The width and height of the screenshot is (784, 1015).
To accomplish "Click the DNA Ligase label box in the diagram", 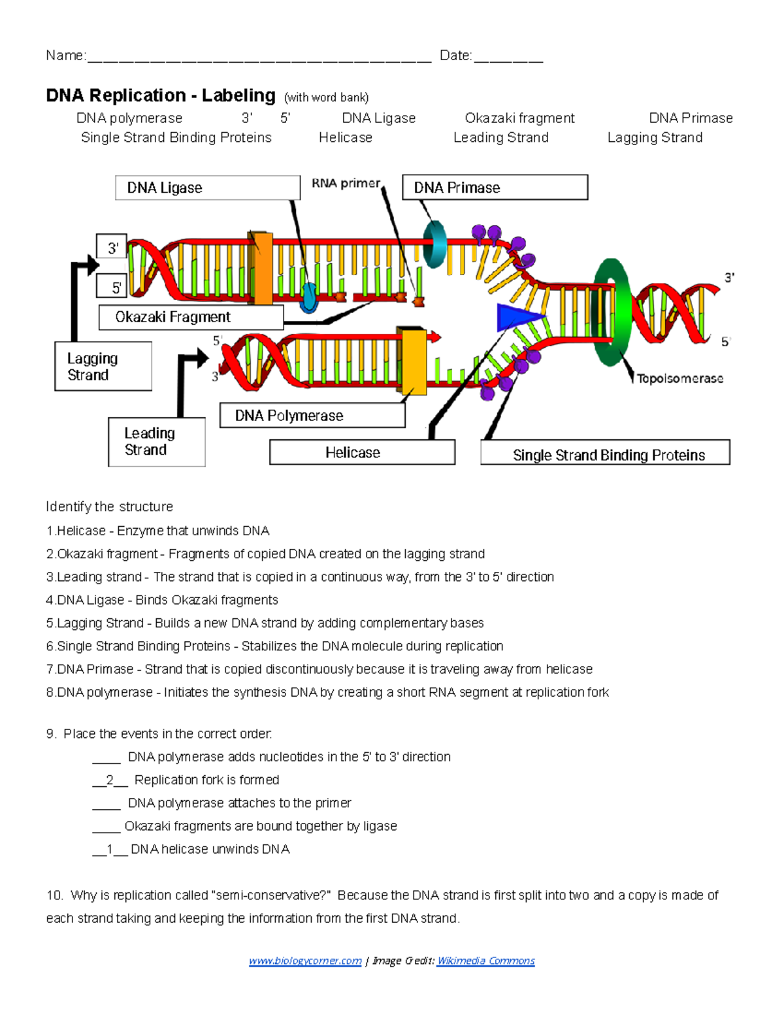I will point(207,188).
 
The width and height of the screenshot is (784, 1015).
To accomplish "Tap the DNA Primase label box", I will point(495,188).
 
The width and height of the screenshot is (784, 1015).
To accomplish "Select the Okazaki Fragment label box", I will point(191,317).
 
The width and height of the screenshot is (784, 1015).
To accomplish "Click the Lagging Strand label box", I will point(103,367).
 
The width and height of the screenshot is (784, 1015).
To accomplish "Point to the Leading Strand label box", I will point(157,442).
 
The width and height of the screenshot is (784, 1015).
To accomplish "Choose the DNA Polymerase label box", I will point(312,416).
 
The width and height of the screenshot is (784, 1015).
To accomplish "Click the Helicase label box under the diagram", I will point(362,452).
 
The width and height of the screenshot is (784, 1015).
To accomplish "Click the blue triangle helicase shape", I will point(516,317).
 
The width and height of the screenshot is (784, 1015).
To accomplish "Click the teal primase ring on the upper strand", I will point(434,244).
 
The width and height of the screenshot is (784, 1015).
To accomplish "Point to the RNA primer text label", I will point(346,184).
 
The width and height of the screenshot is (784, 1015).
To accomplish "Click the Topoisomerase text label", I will point(679,378).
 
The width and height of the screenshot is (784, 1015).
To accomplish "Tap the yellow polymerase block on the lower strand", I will point(413,361).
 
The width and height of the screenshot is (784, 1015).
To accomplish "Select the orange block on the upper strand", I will point(260,268).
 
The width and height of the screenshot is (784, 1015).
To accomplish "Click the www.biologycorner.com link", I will point(305,961).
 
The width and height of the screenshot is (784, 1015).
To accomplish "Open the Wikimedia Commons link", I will point(485,961).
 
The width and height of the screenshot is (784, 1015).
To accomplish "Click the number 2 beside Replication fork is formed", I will point(110,780).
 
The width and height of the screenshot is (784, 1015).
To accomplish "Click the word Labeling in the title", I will point(238,95).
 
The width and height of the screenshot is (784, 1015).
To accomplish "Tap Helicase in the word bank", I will point(346,137).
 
